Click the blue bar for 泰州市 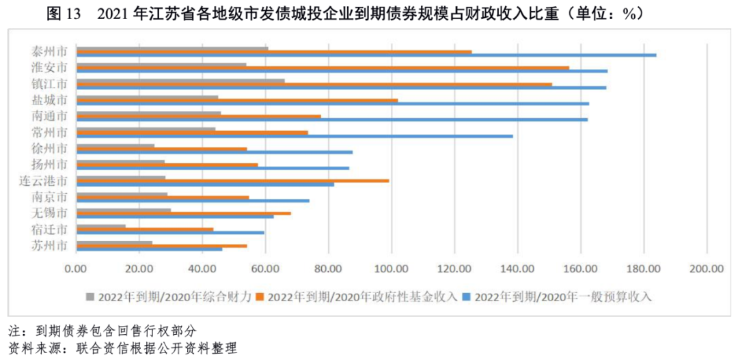[x=366, y=55]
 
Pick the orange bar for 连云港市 [x=232, y=181]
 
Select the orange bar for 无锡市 [x=184, y=213]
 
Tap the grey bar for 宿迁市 [x=101, y=225]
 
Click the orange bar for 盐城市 [x=237, y=100]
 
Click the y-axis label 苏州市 [x=49, y=245]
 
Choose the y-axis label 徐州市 [x=49, y=148]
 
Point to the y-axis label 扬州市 [x=49, y=165]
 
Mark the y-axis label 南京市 [x=49, y=197]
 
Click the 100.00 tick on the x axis [x=392, y=268]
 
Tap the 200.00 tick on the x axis [x=707, y=268]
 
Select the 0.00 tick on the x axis [x=76, y=268]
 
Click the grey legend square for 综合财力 [x=90, y=296]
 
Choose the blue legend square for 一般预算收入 [x=467, y=296]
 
